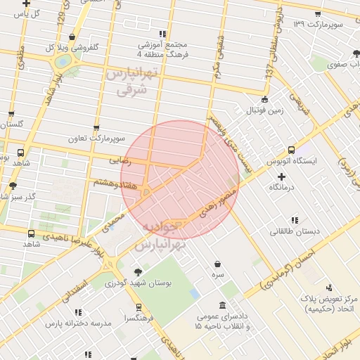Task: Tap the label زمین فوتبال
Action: click(x=264, y=110)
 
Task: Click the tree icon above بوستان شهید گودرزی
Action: click(x=138, y=272)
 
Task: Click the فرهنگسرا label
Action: click(x=138, y=319)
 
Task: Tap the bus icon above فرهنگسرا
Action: click(x=138, y=307)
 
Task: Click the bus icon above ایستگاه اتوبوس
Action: click(x=292, y=149)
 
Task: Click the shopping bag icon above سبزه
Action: click(x=219, y=264)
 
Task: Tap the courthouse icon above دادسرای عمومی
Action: click(x=223, y=305)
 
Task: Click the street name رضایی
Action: click(x=120, y=160)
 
